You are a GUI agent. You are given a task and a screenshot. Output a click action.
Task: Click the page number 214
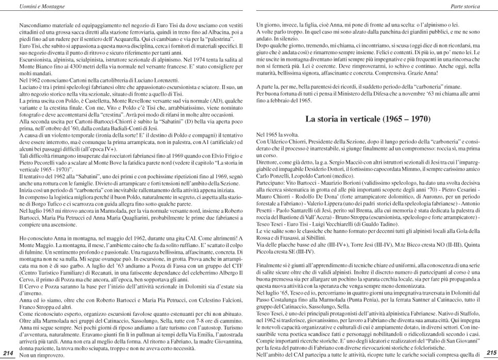pyautogui.click(x=8, y=353)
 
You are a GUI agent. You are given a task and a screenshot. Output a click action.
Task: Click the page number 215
pyautogui.click(x=491, y=353)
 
